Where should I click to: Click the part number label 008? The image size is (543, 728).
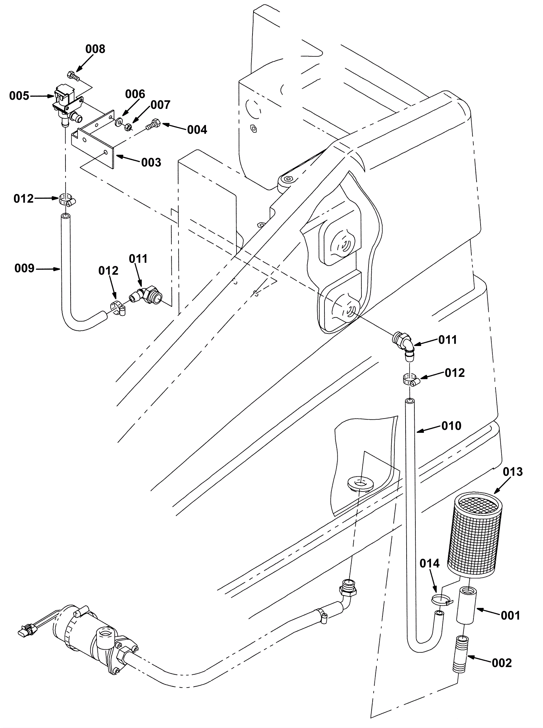pos(95,49)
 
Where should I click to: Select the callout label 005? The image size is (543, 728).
pos(19,96)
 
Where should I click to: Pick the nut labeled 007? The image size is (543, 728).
pos(128,127)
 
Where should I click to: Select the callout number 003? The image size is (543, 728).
pos(151,162)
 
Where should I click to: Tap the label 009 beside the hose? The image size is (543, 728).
pos(24,269)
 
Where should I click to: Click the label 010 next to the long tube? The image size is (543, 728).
pos(451,426)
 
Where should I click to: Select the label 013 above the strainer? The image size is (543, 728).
pos(513,472)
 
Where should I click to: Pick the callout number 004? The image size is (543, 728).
pos(197,130)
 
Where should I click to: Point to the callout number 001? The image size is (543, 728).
pos(510,615)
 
